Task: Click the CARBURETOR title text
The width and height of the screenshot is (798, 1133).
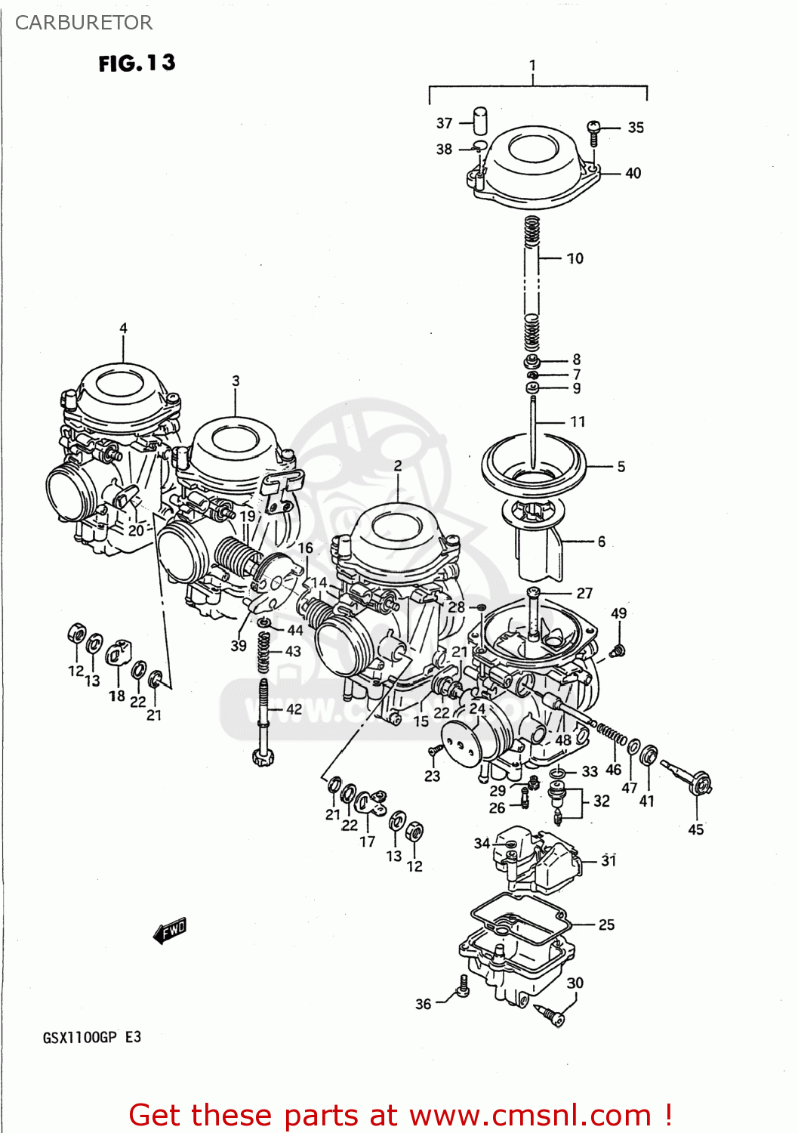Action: coord(84,23)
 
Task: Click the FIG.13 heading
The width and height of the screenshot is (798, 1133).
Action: coord(137,63)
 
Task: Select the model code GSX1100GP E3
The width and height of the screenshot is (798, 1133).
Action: coord(91,1037)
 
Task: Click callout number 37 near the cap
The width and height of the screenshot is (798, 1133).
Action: coord(444,123)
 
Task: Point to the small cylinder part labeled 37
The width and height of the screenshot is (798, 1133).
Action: coord(479,121)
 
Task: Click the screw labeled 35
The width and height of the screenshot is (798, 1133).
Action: coord(593,133)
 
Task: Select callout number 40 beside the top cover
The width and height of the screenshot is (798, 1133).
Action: coord(633,173)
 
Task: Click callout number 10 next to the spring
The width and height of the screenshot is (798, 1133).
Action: coord(575,258)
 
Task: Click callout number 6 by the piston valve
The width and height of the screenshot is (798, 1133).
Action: coord(601,542)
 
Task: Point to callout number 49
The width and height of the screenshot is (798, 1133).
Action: coord(618,613)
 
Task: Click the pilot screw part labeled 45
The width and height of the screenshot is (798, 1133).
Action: coord(689,778)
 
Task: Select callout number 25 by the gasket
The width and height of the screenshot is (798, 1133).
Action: coord(606,925)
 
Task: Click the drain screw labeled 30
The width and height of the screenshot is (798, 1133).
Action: coord(549,1014)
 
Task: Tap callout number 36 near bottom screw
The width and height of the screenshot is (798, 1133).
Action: coord(424,1004)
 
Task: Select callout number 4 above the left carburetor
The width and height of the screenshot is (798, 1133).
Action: coord(123,328)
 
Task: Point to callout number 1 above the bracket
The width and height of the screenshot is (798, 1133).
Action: coord(532,65)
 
